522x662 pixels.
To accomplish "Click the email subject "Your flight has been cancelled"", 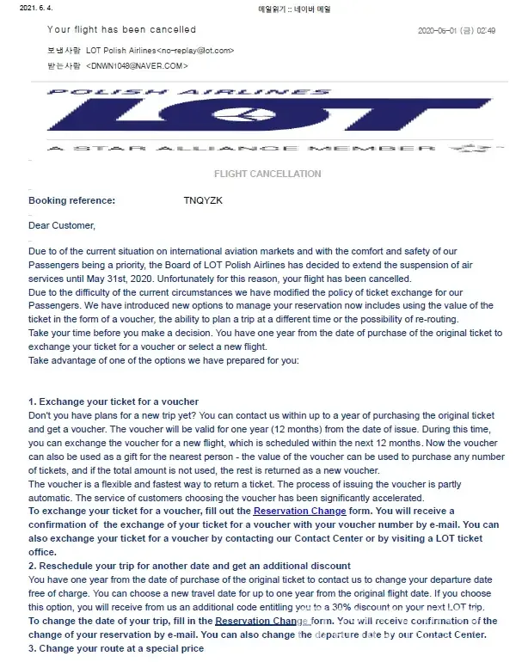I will point(121,29).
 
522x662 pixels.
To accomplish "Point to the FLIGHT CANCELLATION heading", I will point(267,174).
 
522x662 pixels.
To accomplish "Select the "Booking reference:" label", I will point(71,200).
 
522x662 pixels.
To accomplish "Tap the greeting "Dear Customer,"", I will point(62,226).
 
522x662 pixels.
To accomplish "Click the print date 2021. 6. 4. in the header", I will point(24,9).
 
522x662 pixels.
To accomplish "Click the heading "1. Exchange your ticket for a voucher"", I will point(114,401).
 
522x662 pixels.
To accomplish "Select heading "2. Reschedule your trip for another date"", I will point(189,566).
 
